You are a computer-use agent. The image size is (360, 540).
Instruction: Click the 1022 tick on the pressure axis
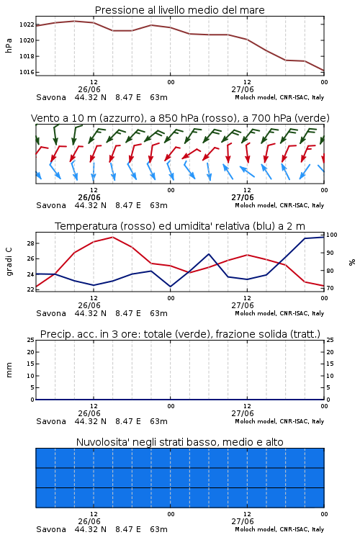27,24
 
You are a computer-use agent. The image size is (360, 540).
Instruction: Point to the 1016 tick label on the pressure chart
27,72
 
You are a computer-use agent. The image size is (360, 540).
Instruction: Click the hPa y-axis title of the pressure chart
9,45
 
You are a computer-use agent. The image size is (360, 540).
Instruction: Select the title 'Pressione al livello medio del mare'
180,10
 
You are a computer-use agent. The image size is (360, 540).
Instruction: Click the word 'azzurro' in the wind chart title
120,119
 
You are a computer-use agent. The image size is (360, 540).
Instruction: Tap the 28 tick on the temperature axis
30,243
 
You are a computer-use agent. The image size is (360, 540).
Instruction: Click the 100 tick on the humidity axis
332,235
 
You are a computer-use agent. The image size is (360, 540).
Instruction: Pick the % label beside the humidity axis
352,262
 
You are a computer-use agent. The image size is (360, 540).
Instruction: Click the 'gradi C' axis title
9,261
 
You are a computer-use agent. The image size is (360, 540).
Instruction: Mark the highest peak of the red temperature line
112,238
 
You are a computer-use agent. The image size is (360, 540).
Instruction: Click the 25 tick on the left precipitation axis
30,340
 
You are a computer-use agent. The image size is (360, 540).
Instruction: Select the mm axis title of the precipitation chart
9,370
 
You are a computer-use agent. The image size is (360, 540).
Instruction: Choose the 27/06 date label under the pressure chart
243,89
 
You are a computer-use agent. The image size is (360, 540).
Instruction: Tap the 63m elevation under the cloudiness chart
159,529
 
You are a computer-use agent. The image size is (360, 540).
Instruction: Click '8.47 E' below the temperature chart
128,313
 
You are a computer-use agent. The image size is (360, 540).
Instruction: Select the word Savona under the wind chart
51,205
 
